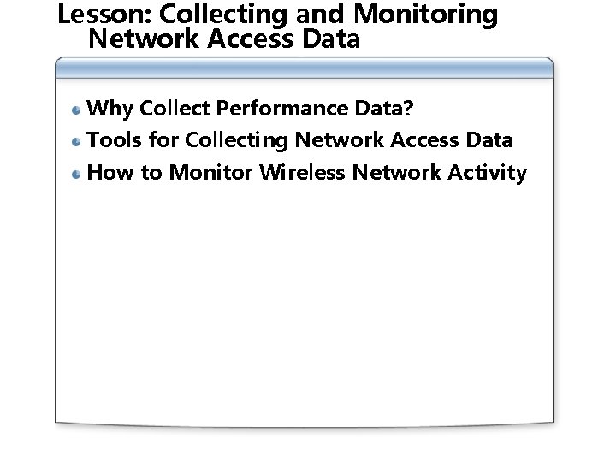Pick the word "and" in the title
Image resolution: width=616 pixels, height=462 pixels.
(323, 15)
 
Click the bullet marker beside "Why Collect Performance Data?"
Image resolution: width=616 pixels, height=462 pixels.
(77, 110)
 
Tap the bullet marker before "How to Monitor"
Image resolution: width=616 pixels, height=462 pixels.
(77, 174)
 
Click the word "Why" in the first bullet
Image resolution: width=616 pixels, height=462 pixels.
(110, 109)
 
